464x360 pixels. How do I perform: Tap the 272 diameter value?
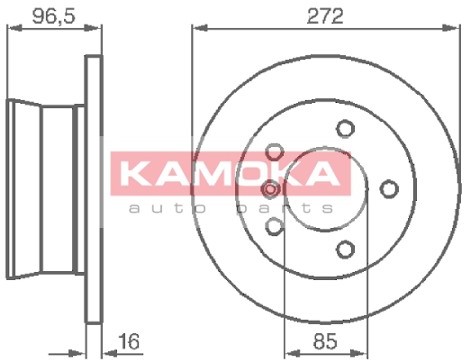[325, 16]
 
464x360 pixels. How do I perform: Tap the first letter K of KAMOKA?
[146, 174]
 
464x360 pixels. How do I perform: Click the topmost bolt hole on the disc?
[345, 128]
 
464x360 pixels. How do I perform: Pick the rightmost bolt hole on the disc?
[390, 188]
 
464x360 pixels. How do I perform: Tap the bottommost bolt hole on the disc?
[346, 249]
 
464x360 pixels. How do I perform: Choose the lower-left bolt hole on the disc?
[275, 226]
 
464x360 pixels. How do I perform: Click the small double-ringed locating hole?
[270, 190]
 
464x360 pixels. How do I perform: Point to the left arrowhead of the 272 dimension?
[196, 30]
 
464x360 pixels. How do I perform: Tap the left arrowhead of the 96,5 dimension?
[10, 30]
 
